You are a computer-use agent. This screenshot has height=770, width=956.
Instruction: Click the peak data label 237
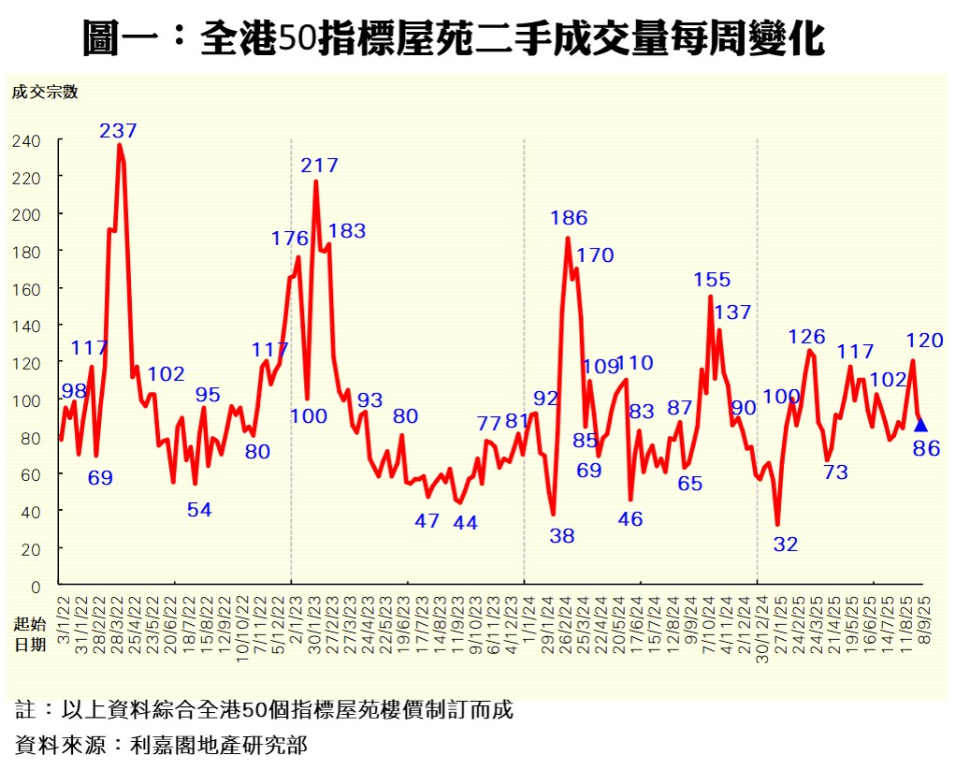pos(119,130)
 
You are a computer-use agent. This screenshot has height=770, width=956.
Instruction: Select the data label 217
pos(319,166)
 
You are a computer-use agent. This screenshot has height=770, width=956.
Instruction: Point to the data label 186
pos(568,218)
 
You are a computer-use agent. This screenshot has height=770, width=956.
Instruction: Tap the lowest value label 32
pos(786,544)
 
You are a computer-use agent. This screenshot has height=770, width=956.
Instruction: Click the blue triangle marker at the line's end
pos(920,426)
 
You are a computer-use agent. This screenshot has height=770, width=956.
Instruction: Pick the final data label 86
pos(926,449)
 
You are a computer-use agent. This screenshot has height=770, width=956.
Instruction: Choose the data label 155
pos(712,279)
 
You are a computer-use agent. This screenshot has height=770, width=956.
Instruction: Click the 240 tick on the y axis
pos(26,140)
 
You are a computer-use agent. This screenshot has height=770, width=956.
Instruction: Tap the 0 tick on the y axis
pos(36,587)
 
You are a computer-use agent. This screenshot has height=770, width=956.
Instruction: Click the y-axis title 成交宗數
pos(45,92)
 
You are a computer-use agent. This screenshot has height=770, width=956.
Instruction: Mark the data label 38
pos(561,536)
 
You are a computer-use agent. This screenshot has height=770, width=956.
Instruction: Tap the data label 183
pos(347,231)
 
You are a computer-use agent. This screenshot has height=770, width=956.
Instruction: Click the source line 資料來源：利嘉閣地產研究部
pos(162,745)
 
